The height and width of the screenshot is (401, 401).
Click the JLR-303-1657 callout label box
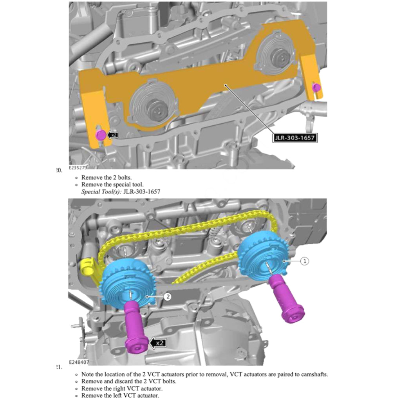[x=295, y=138]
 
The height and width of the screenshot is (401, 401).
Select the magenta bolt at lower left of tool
[x=100, y=135]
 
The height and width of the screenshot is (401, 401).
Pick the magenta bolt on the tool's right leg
[x=316, y=87]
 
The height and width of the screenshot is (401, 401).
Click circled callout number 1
[x=305, y=260]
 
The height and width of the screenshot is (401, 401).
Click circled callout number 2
[x=167, y=296]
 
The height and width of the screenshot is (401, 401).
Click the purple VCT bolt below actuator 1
[x=288, y=302]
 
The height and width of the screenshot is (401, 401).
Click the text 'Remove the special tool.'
[x=112, y=184]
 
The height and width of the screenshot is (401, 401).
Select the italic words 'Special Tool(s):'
[x=101, y=191]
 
